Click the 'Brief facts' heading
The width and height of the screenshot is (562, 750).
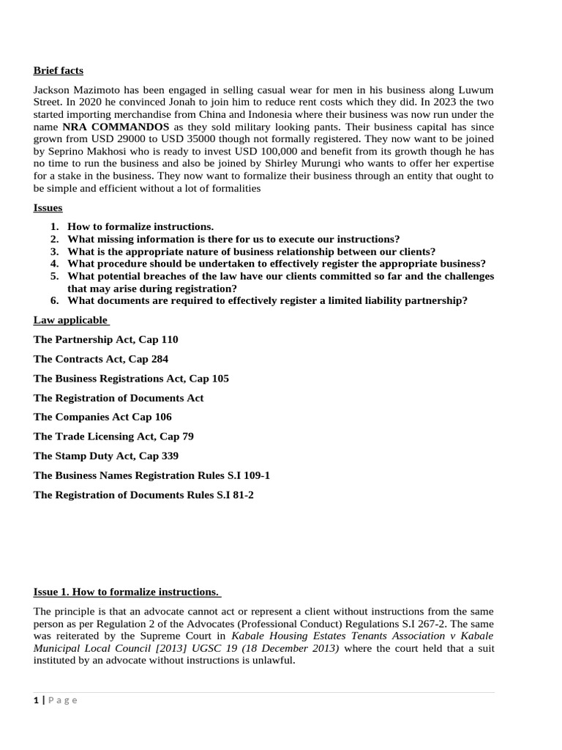pos(59,70)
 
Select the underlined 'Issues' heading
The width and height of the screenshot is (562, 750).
pos(48,208)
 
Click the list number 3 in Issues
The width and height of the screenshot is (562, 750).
pos(54,251)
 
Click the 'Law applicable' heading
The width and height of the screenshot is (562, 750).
pos(71,320)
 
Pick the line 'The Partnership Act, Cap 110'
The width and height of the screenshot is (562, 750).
pos(106,340)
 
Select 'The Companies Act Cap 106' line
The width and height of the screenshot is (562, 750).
pos(103,417)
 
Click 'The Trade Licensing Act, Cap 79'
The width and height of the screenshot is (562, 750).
pos(113,437)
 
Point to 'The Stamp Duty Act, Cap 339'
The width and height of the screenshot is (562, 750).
pos(106,456)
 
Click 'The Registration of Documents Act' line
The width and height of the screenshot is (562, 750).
pos(119,398)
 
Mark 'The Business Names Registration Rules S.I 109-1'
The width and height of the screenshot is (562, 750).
pos(151,475)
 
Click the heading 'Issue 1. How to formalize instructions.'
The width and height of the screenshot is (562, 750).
pos(127,592)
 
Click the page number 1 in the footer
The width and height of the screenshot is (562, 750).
pos(36,700)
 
